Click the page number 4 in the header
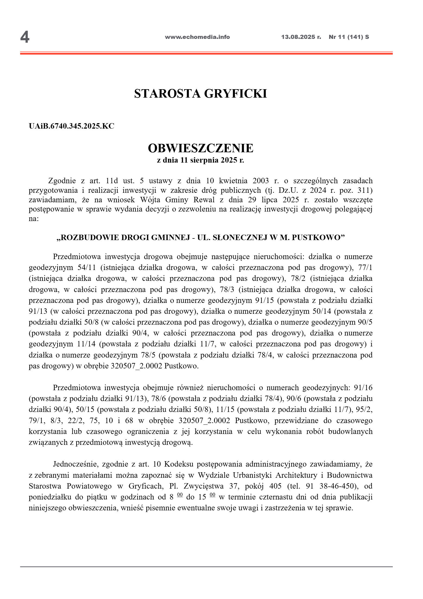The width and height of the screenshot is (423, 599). pos(25,37)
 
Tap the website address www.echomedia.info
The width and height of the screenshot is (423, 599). pos(197,37)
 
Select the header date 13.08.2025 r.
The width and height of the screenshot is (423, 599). pos(301,37)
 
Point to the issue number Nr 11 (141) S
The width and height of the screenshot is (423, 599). pos(349,37)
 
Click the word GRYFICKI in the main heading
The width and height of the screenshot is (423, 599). pos(235,94)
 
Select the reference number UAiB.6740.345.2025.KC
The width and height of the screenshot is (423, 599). pos(71,126)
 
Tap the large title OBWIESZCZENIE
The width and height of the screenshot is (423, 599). pos(200,148)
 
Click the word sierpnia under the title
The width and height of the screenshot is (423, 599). pos(203,160)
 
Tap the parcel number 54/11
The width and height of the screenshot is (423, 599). pos(87,268)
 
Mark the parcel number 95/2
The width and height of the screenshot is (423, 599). pos(366,409)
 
